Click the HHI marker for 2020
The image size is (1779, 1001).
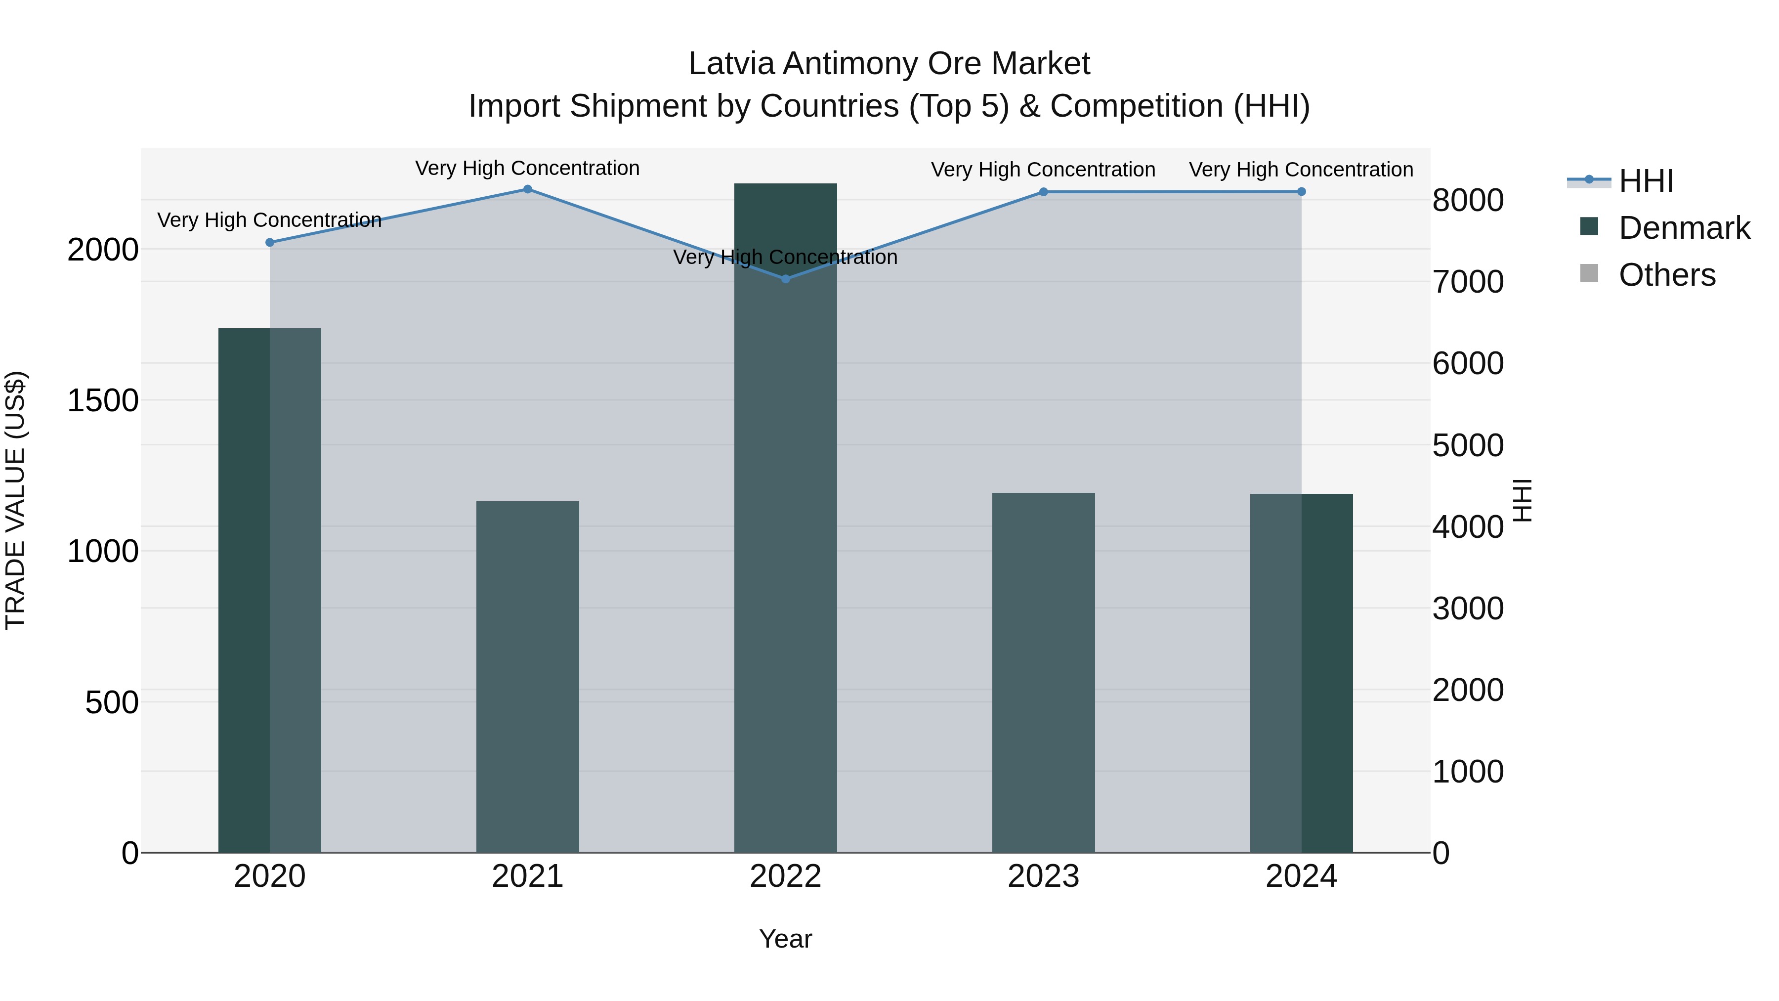pos(269,243)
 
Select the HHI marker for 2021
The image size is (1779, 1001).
pos(528,189)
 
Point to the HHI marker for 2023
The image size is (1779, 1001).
pos(1044,192)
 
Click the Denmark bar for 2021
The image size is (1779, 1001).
pos(528,677)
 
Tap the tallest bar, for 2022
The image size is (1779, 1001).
pos(785,518)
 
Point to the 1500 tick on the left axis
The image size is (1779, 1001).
pos(103,401)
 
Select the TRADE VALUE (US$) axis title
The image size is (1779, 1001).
pos(15,500)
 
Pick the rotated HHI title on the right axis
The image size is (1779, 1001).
pos(1522,500)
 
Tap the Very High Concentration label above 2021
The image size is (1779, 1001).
pos(528,169)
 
